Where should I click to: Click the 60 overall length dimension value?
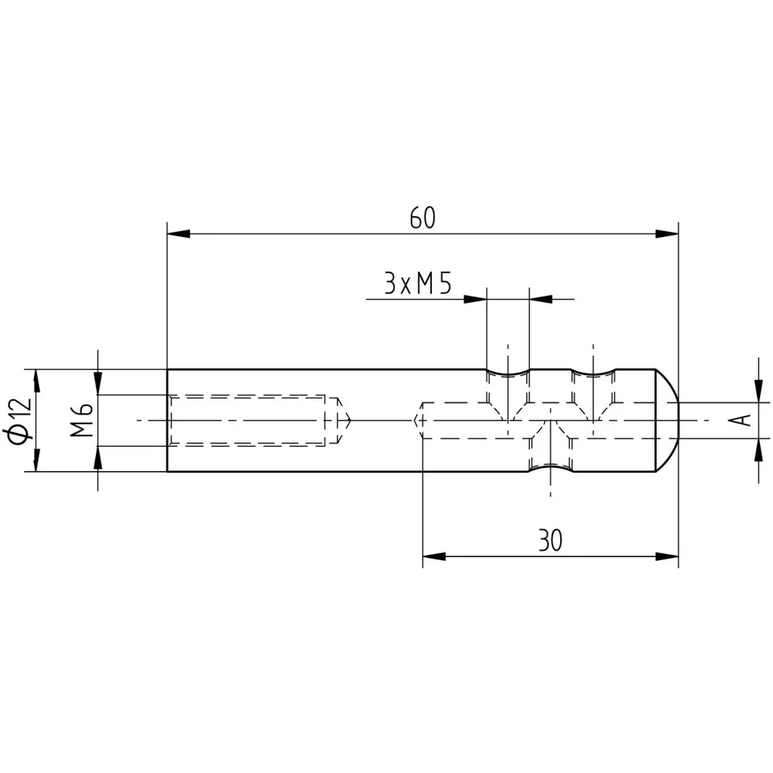[x=423, y=218]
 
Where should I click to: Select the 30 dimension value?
[x=550, y=540]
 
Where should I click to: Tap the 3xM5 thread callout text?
[x=417, y=284]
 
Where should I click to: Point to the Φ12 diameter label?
[x=20, y=420]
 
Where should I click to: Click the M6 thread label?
[x=82, y=420]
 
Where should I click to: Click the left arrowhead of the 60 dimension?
[x=178, y=234]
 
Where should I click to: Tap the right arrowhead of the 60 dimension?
[x=667, y=234]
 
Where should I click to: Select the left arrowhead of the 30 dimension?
[x=434, y=556]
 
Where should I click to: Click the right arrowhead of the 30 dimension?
[x=667, y=556]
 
